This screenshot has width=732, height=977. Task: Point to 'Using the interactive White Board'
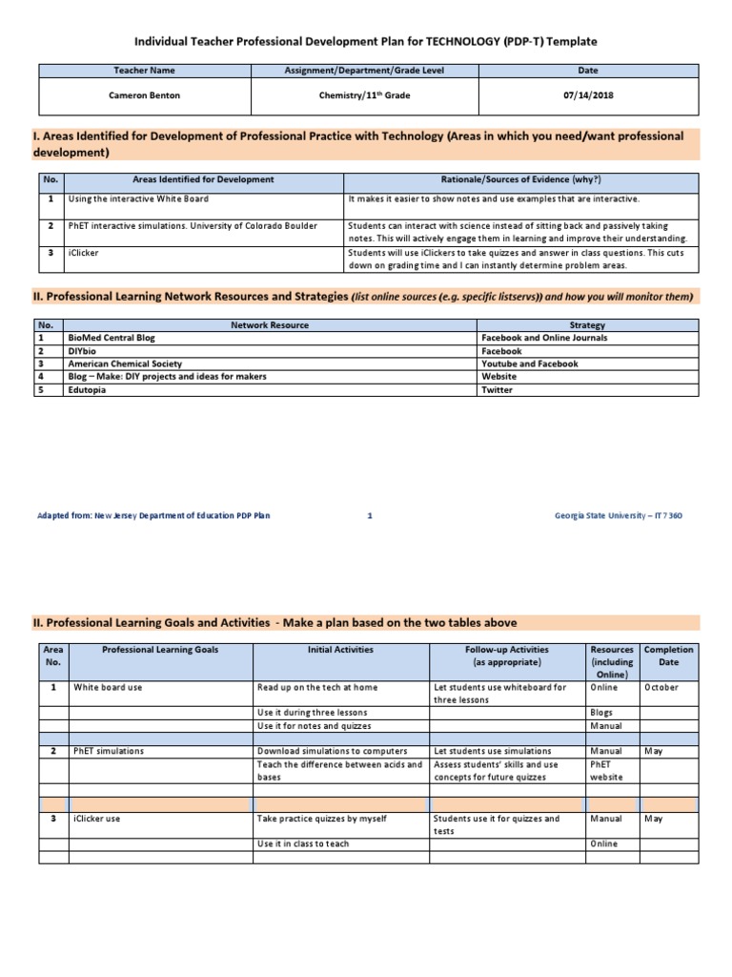pos(138,198)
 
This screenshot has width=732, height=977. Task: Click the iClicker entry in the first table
pos(84,252)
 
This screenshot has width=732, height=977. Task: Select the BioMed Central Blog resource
pos(112,338)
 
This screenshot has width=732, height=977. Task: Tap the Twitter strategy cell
pos(498,390)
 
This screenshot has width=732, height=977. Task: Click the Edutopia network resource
pos(88,390)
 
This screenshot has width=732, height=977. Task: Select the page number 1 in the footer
pos(369,515)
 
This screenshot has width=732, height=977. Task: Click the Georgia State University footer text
pos(618,515)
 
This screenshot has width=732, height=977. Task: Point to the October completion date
pos(661,687)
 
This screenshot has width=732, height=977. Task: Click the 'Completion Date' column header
pos(669,655)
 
